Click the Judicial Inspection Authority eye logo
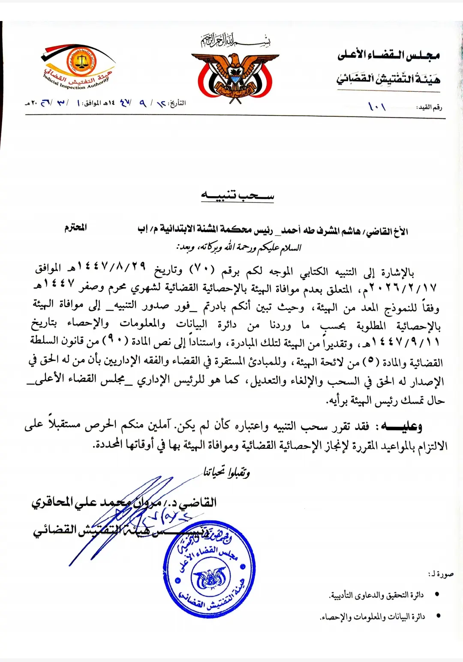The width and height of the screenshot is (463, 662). (78, 65)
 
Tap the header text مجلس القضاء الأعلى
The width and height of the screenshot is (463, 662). (388, 55)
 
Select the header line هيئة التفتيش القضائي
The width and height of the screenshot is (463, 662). (388, 79)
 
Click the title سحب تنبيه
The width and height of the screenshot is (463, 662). (238, 196)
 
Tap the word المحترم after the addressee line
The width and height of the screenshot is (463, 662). (75, 227)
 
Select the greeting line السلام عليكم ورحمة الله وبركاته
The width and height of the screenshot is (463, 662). (239, 248)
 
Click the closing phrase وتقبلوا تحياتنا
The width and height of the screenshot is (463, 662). (227, 472)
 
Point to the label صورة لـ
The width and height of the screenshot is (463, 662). (441, 574)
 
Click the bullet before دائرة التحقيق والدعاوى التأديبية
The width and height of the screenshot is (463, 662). (437, 595)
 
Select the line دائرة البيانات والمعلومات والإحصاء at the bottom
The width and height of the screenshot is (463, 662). (372, 617)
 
